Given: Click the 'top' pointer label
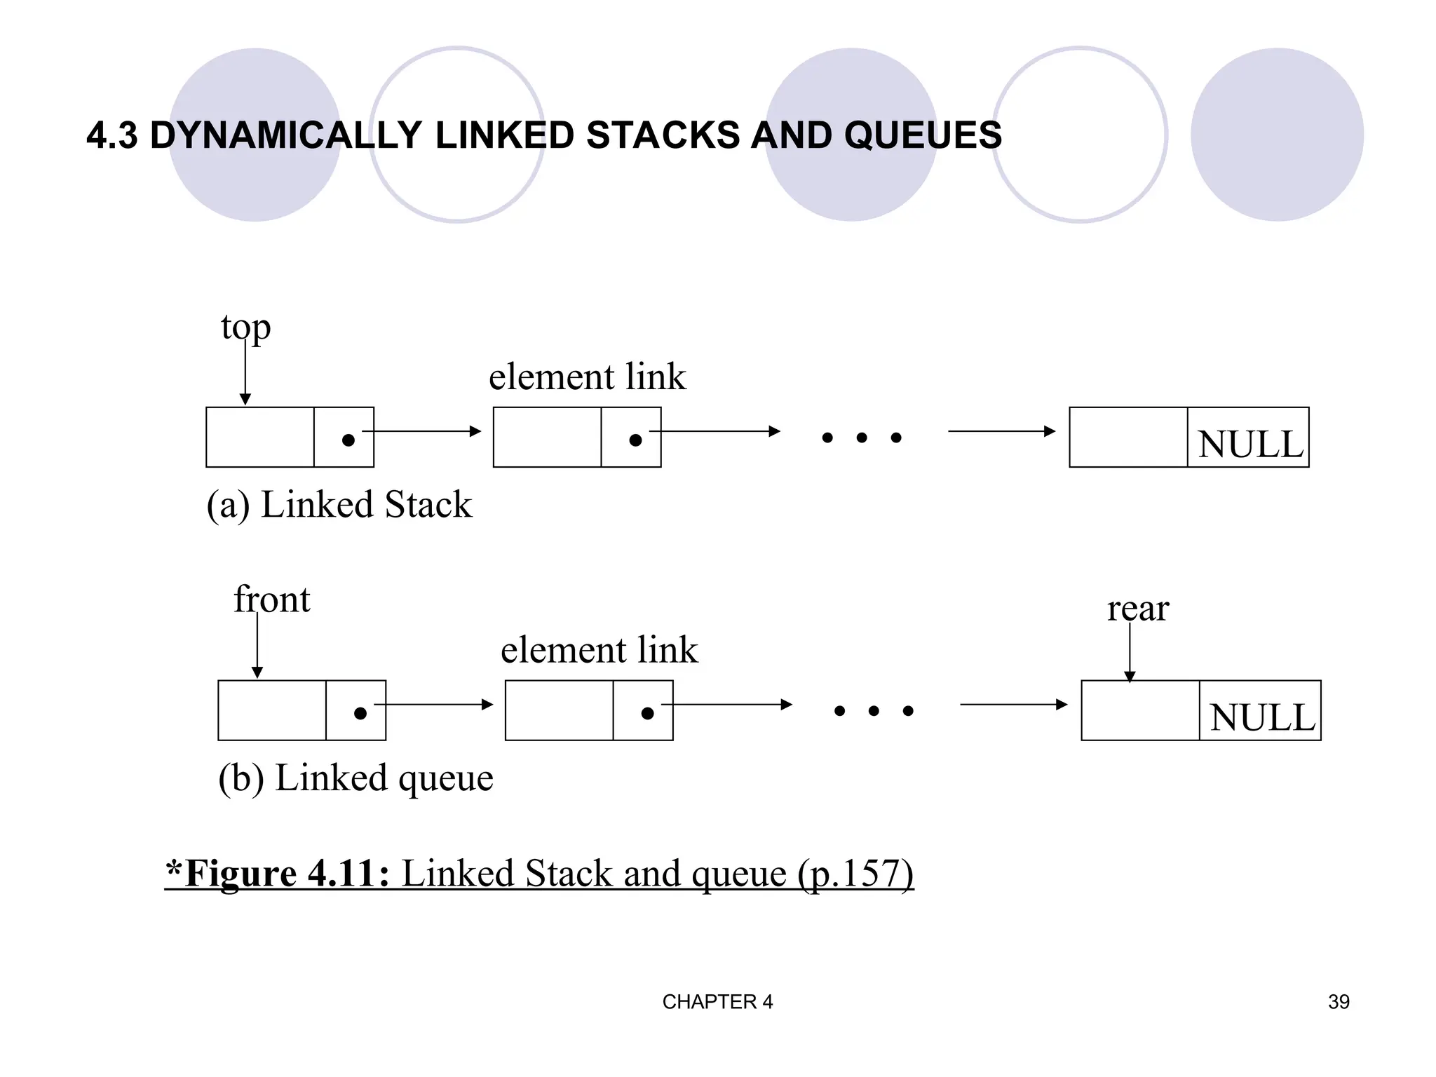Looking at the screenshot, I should (245, 327).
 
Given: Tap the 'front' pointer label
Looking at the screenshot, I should (271, 600).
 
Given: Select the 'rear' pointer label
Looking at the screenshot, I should (1137, 609).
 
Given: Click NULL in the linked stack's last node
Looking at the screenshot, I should (1249, 445).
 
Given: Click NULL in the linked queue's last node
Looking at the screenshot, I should (1261, 717).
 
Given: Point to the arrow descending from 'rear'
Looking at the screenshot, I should (1129, 652).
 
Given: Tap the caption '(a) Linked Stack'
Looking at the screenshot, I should (339, 505).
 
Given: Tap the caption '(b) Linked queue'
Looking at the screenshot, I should (355, 778).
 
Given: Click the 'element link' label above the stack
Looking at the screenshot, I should (587, 377).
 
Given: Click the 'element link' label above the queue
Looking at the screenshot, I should (599, 650).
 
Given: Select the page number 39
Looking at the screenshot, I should (1338, 1002).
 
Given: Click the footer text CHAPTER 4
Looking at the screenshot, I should (717, 1002).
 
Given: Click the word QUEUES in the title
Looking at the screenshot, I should (922, 135).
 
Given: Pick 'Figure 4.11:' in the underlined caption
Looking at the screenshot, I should (280, 874).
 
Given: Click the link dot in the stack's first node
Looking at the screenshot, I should (348, 440).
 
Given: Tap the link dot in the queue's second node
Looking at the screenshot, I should (647, 713).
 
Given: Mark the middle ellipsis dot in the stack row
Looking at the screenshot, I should (861, 438).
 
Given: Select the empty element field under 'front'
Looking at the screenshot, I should (271, 710).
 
